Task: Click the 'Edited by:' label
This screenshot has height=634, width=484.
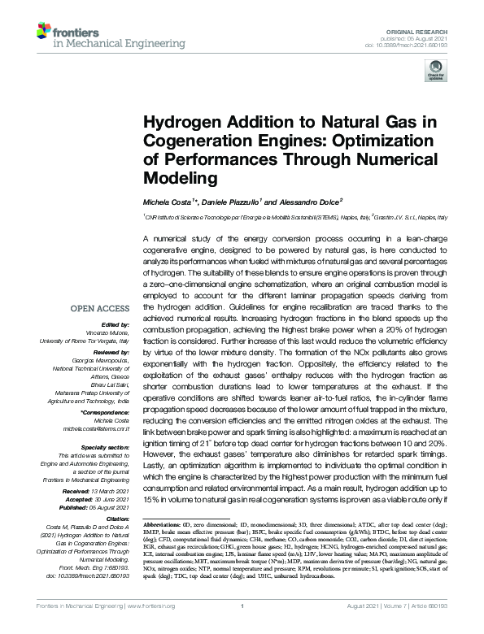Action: pos(118,324)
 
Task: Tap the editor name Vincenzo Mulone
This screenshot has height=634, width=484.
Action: pos(114,332)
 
